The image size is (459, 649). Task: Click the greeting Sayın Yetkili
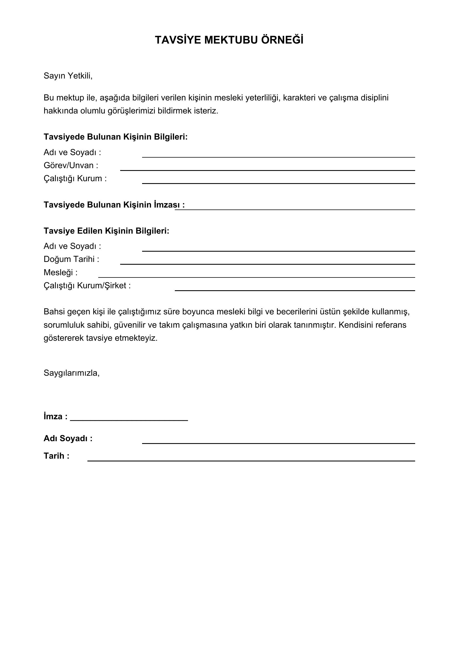68,76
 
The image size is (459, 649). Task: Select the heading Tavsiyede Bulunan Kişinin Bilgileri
116,137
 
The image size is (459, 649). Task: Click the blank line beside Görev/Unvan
267,170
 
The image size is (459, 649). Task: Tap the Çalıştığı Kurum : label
75,178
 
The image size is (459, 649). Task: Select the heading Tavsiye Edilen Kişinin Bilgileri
106,231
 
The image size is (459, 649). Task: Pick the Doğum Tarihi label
71,259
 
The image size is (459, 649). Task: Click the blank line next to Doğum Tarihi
267,263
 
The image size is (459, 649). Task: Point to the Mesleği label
60,272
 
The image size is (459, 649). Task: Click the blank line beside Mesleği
256,277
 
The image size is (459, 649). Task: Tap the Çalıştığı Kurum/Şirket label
87,286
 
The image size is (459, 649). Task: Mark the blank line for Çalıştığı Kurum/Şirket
295,290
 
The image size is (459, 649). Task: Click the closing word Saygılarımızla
72,373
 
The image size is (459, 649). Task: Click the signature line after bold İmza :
129,420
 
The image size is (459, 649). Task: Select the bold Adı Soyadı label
68,438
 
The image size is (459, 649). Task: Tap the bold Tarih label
56,456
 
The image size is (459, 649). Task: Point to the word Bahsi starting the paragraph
53,312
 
